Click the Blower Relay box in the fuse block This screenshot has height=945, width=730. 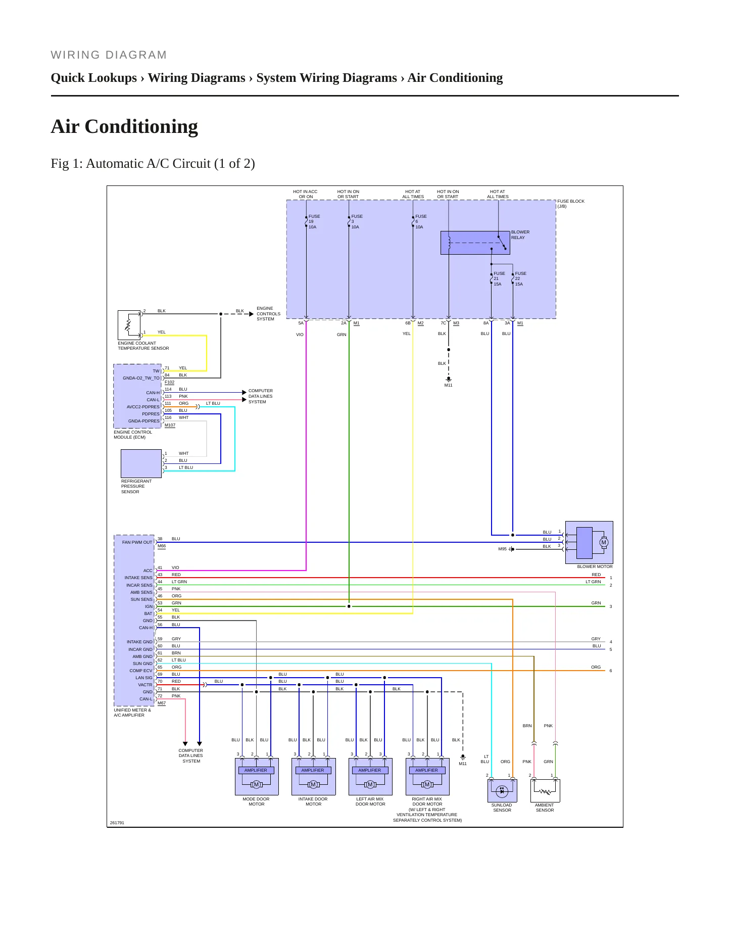[475, 243]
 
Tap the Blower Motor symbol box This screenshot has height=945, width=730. [589, 542]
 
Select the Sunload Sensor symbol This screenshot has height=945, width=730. [502, 790]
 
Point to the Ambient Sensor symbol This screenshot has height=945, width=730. [545, 790]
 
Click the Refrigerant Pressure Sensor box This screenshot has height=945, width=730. [141, 463]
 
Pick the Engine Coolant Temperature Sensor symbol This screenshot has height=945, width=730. [129, 325]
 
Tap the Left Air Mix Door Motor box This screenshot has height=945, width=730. [370, 776]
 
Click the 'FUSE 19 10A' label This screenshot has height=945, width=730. [314, 221]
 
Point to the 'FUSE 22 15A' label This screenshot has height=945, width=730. [520, 278]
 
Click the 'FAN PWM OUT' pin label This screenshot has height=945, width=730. [137, 542]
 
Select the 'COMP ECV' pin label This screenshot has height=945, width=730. [140, 671]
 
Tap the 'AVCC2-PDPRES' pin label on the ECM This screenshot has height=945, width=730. [143, 407]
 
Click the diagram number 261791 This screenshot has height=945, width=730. [117, 823]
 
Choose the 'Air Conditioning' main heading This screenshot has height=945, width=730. [124, 126]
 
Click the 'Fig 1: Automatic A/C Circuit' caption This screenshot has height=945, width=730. [153, 163]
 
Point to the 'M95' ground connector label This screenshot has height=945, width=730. [502, 549]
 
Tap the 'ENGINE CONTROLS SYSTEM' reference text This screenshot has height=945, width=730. [268, 313]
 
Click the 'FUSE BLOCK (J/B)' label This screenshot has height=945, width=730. [571, 204]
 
